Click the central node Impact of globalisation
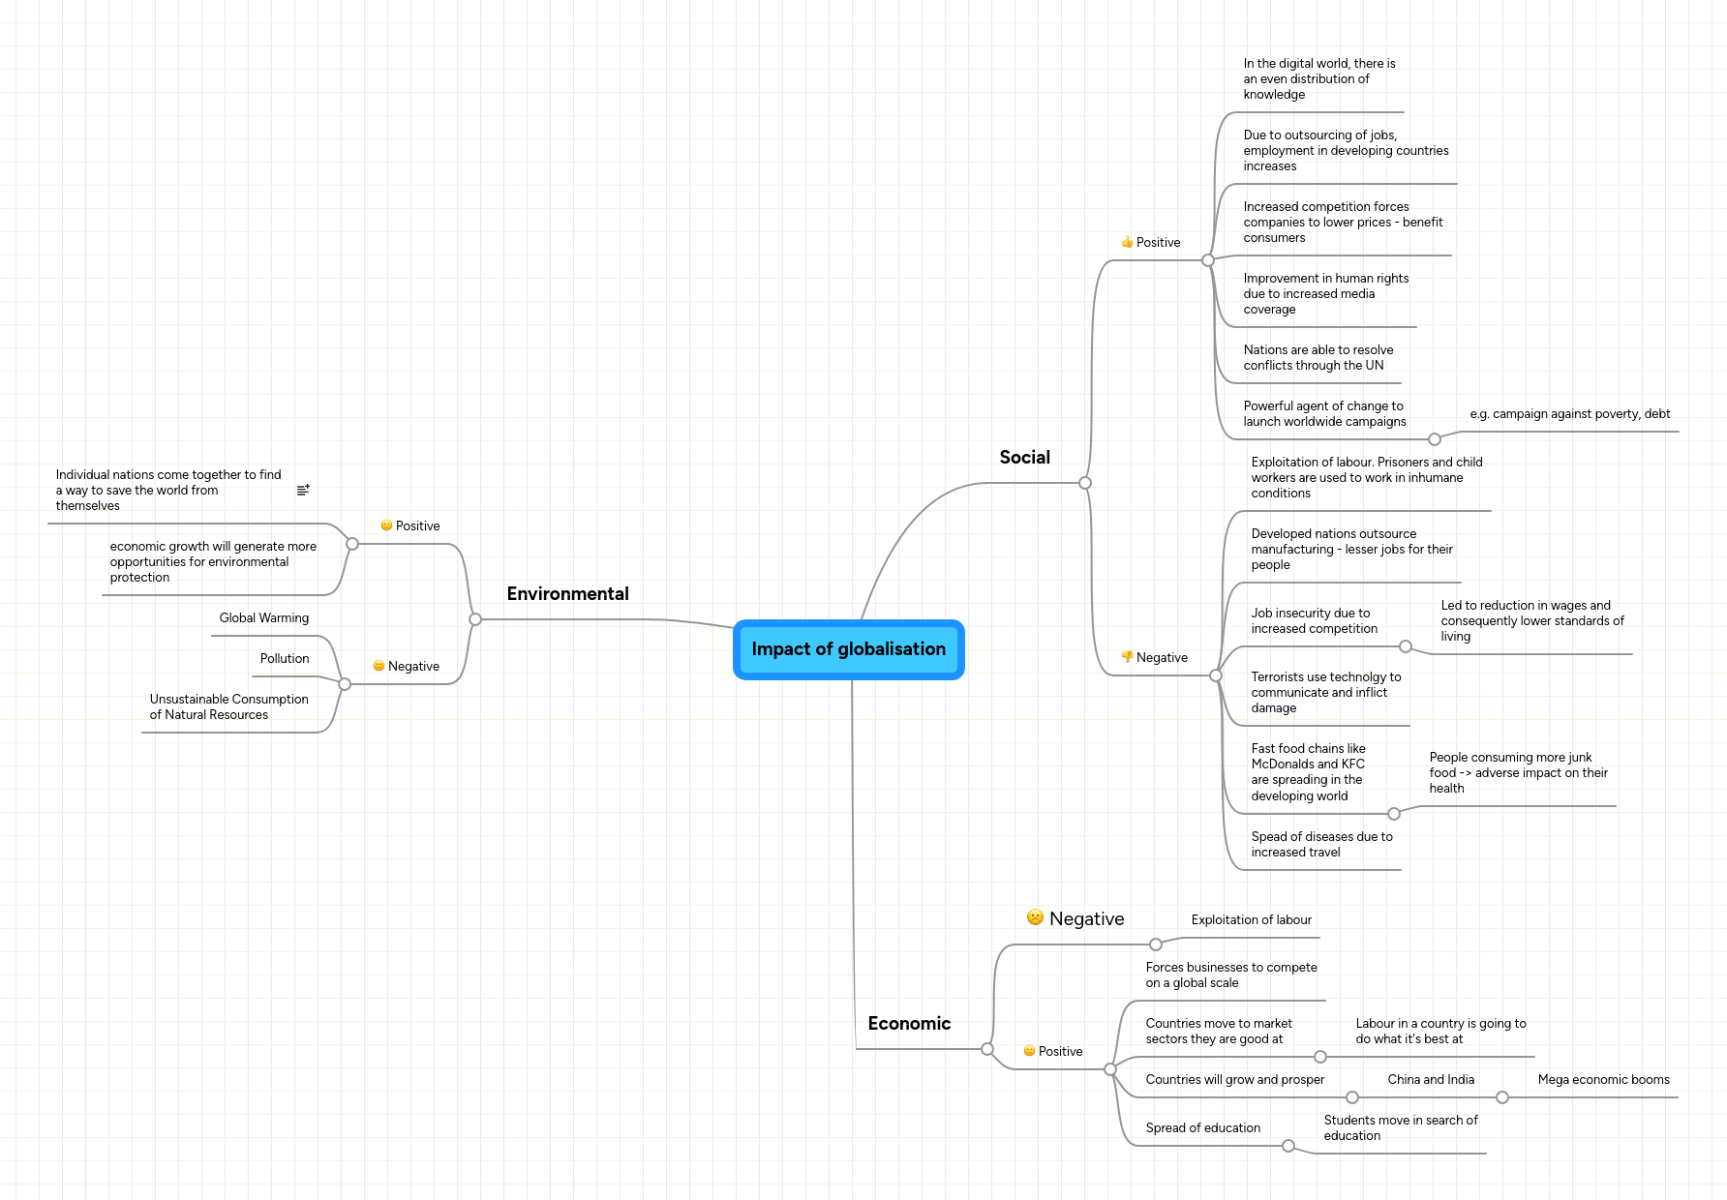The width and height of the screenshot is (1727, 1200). click(x=848, y=649)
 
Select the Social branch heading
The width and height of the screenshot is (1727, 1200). click(x=1024, y=458)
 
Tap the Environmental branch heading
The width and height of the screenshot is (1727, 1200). click(x=567, y=594)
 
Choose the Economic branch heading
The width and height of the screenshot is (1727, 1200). click(x=909, y=1024)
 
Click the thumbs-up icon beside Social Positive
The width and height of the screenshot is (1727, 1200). click(x=1127, y=242)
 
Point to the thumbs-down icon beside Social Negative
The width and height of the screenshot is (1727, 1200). click(x=1127, y=657)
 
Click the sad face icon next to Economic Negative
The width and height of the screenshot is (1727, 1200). click(x=1035, y=917)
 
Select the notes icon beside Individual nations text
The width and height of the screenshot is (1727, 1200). click(x=303, y=491)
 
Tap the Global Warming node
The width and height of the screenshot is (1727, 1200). click(x=263, y=618)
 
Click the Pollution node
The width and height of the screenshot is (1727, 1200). click(x=284, y=659)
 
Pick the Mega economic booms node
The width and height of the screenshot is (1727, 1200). click(x=1603, y=1080)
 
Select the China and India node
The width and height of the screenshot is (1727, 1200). click(x=1431, y=1080)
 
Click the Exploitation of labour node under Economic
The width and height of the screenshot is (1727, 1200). click(x=1251, y=920)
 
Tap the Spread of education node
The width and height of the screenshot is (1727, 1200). click(x=1202, y=1128)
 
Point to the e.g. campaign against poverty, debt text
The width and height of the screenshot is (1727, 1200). click(x=1569, y=414)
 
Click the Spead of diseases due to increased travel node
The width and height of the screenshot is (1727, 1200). click(x=1321, y=845)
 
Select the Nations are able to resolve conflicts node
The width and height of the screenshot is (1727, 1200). click(x=1318, y=358)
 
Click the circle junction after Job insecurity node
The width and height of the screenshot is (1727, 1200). click(x=1406, y=646)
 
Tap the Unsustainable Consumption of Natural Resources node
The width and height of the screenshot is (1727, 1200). click(x=228, y=707)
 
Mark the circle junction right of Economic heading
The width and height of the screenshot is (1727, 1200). click(x=987, y=1049)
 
